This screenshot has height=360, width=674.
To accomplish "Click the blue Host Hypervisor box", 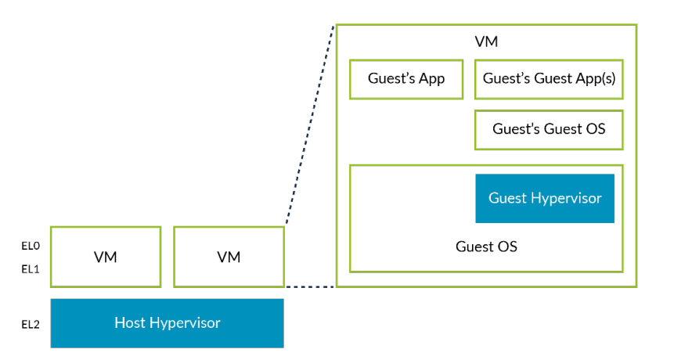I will [x=167, y=322].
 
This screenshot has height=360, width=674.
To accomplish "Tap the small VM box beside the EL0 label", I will [x=106, y=257].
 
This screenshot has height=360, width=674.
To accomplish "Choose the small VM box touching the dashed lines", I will [x=229, y=257].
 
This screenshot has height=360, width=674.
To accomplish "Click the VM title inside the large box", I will [x=486, y=41].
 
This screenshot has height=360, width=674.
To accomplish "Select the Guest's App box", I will [x=405, y=79].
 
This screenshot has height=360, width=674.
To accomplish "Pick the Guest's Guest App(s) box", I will [x=549, y=79].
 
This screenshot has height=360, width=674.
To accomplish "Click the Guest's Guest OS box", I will [x=549, y=129].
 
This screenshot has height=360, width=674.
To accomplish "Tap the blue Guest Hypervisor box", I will [x=545, y=198].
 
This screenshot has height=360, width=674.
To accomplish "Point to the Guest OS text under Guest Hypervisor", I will [x=486, y=247].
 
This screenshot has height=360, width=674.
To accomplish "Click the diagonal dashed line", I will [x=310, y=125].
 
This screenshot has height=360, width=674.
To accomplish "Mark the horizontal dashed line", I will [x=310, y=286].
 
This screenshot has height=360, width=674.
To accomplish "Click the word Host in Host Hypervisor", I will [x=129, y=322].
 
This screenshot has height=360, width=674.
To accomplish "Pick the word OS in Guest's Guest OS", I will [x=595, y=129].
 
